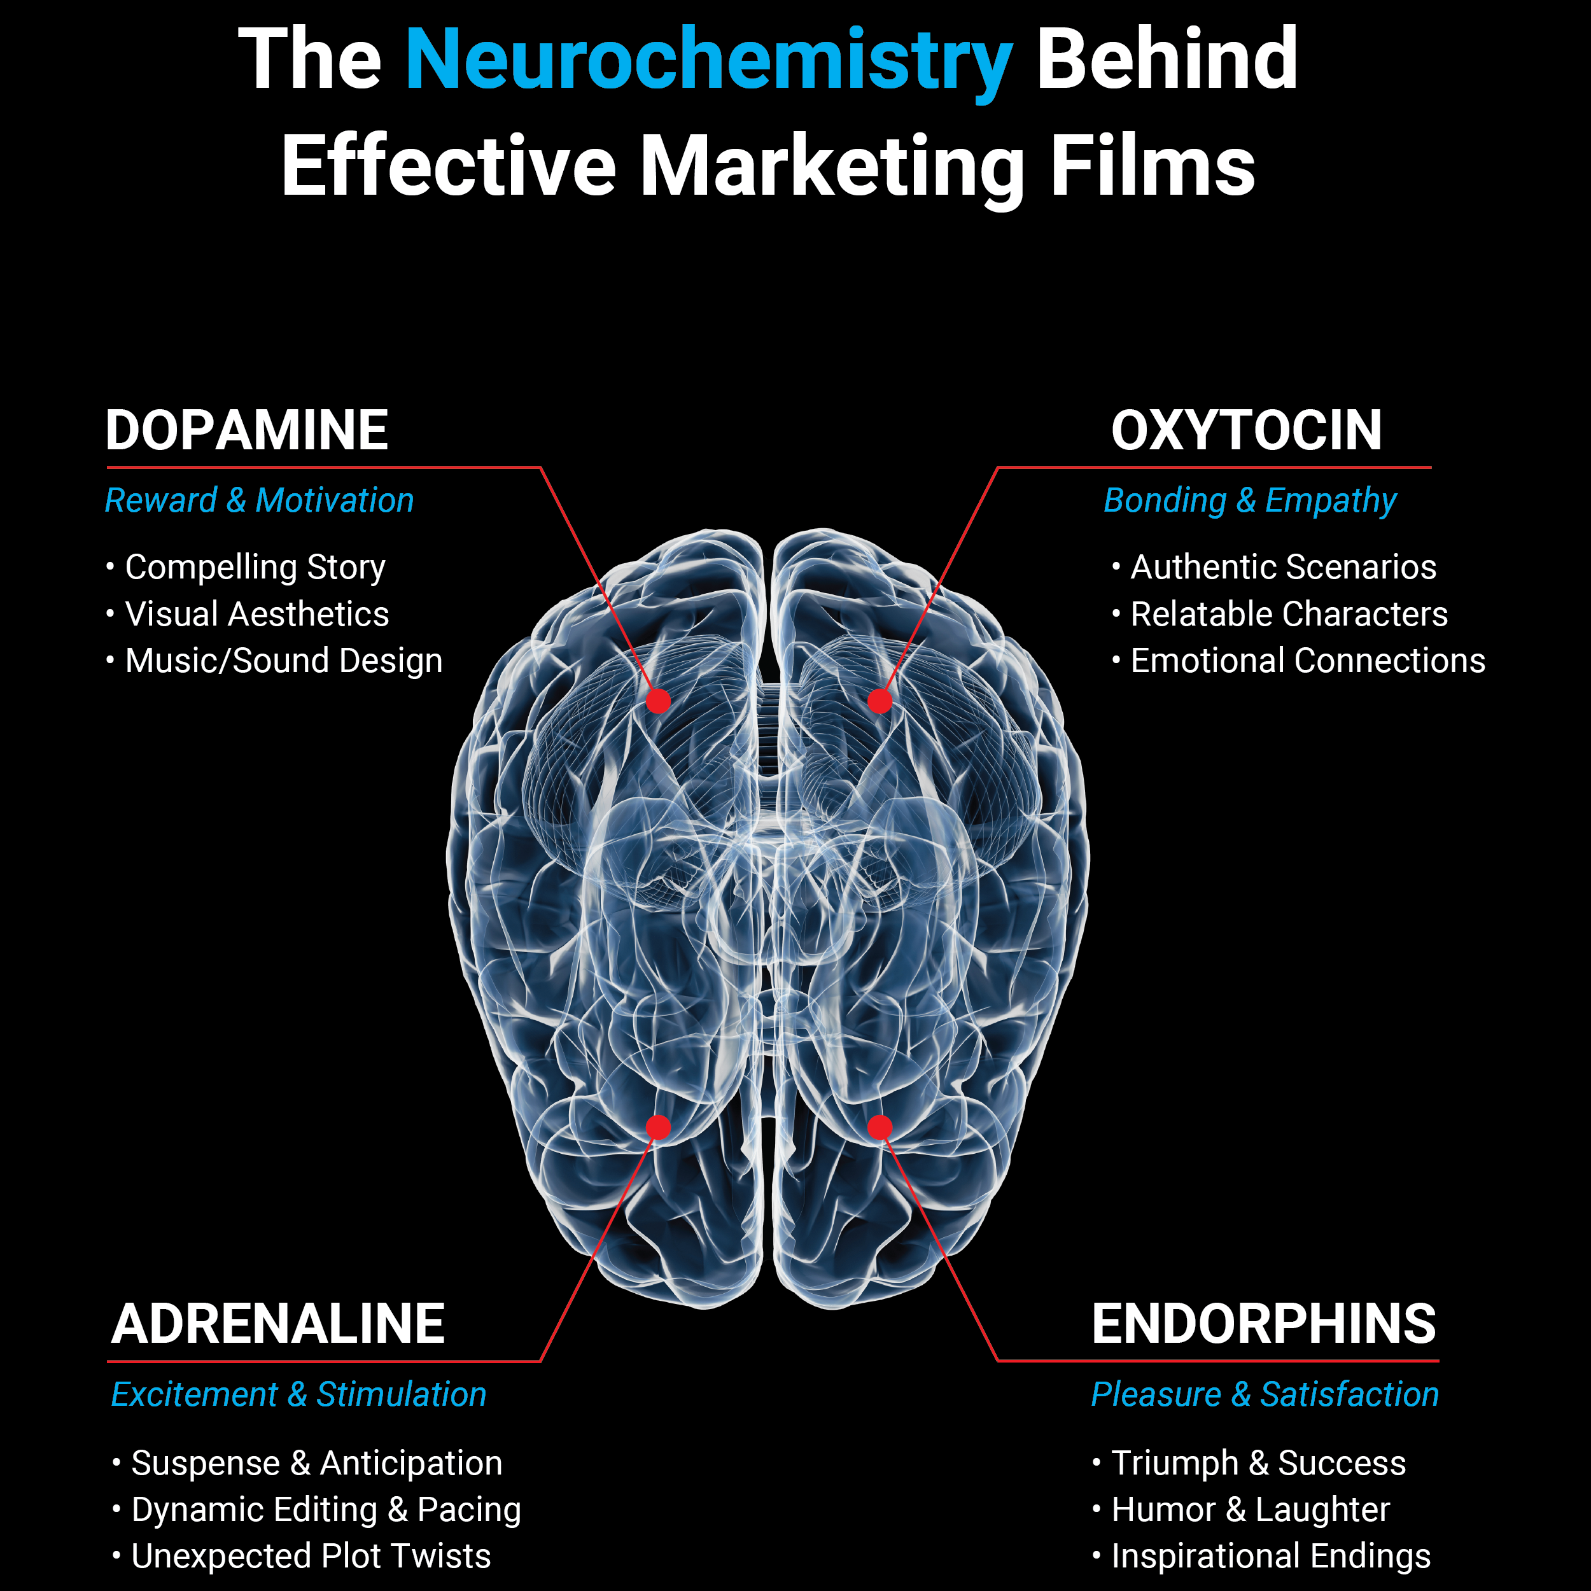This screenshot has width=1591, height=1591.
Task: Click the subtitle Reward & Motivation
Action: (x=260, y=501)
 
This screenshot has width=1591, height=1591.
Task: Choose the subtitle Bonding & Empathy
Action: (x=1250, y=501)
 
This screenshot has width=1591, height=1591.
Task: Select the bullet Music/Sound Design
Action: (x=283, y=661)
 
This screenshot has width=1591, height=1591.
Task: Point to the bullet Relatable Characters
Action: (x=1289, y=613)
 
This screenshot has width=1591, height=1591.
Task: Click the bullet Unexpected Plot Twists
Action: (x=311, y=1555)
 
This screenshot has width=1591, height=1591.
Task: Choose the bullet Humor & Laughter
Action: (x=1250, y=1510)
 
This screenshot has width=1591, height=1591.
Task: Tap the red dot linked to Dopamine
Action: (x=658, y=701)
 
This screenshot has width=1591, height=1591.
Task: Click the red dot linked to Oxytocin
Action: (x=880, y=701)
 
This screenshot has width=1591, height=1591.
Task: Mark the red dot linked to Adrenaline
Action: (x=658, y=1127)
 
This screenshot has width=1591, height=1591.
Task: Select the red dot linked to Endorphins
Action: (x=880, y=1127)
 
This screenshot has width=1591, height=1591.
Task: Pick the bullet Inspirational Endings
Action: (x=1271, y=1555)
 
